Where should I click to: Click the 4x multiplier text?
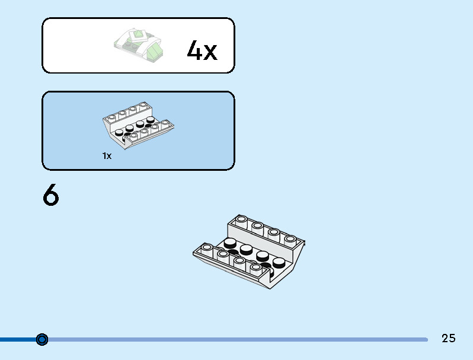click(202, 50)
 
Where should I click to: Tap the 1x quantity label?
click(107, 156)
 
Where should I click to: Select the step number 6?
click(51, 195)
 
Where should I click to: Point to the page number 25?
click(448, 338)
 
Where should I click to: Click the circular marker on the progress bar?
click(42, 339)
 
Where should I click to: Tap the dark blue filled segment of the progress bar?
click(18, 339)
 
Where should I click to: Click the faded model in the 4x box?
click(139, 45)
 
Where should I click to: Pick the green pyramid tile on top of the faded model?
click(138, 36)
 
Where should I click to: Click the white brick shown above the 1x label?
click(139, 125)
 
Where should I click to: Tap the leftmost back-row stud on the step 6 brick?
click(241, 220)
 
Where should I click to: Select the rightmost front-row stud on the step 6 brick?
click(256, 268)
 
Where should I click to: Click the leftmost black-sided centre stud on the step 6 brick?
click(230, 243)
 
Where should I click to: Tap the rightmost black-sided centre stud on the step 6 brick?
click(279, 263)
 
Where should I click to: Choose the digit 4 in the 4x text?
click(194, 50)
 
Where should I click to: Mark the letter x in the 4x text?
click(210, 53)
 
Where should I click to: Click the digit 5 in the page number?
click(452, 338)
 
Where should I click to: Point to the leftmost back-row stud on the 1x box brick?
click(112, 117)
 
